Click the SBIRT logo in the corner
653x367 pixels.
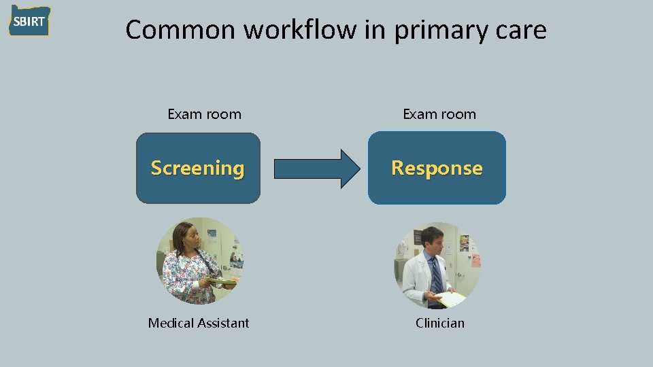(x=29, y=21)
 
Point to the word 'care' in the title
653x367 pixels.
(x=520, y=31)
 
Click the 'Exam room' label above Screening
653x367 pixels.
(x=204, y=114)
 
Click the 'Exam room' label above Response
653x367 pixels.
(x=439, y=114)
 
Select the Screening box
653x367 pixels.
(x=198, y=168)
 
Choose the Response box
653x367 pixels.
(x=437, y=168)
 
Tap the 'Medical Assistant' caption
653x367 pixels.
(x=199, y=323)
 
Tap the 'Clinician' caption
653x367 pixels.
(x=440, y=323)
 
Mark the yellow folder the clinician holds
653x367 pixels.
(x=451, y=298)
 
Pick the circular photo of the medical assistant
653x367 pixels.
(x=199, y=261)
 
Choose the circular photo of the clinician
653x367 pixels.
(x=437, y=265)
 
